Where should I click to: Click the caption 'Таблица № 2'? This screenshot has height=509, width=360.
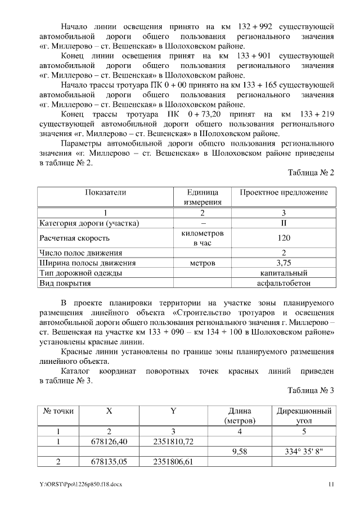click(311, 173)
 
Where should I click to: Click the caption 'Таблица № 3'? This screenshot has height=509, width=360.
click(311, 390)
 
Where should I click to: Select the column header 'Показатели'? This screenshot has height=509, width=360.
click(105, 192)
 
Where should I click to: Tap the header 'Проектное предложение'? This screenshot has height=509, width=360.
click(283, 192)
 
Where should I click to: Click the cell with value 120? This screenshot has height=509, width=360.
click(283, 238)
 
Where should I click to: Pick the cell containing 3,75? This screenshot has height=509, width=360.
click(283, 263)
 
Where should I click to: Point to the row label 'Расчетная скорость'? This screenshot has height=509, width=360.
click(74, 238)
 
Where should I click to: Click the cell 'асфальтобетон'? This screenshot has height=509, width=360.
click(283, 283)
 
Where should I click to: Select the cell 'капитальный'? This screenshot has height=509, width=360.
click(283, 273)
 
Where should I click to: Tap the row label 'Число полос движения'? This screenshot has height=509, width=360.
click(80, 253)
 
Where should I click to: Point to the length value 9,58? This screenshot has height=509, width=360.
click(240, 451)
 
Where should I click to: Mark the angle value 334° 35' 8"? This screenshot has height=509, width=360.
click(304, 451)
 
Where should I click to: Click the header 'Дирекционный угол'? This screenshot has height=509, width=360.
click(304, 416)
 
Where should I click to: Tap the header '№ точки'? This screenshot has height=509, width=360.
click(58, 411)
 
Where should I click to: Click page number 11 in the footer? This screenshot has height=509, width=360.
click(331, 484)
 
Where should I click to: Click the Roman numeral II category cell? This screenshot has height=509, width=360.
click(283, 223)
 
